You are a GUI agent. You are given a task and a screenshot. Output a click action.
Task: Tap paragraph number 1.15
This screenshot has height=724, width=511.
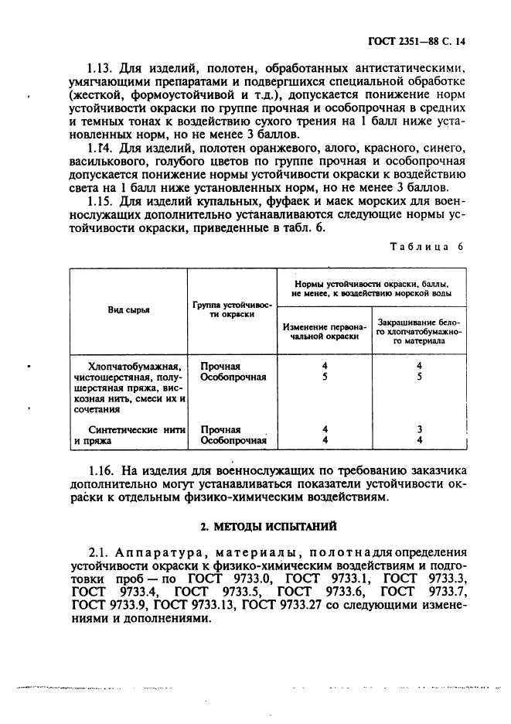pyautogui.click(x=103, y=200)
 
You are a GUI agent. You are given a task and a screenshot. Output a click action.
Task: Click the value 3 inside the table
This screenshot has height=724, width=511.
pyautogui.click(x=418, y=429)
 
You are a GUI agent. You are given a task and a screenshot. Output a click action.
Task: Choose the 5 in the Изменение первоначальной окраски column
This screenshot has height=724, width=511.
pyautogui.click(x=325, y=377)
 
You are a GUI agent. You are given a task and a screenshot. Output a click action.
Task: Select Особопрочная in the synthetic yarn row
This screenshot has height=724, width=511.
pyautogui.click(x=233, y=441)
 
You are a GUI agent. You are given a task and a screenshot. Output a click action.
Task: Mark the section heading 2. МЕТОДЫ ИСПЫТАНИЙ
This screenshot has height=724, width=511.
pyautogui.click(x=267, y=526)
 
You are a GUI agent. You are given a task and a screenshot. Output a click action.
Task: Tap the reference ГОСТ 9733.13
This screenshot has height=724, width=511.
pyautogui.click(x=196, y=606)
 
